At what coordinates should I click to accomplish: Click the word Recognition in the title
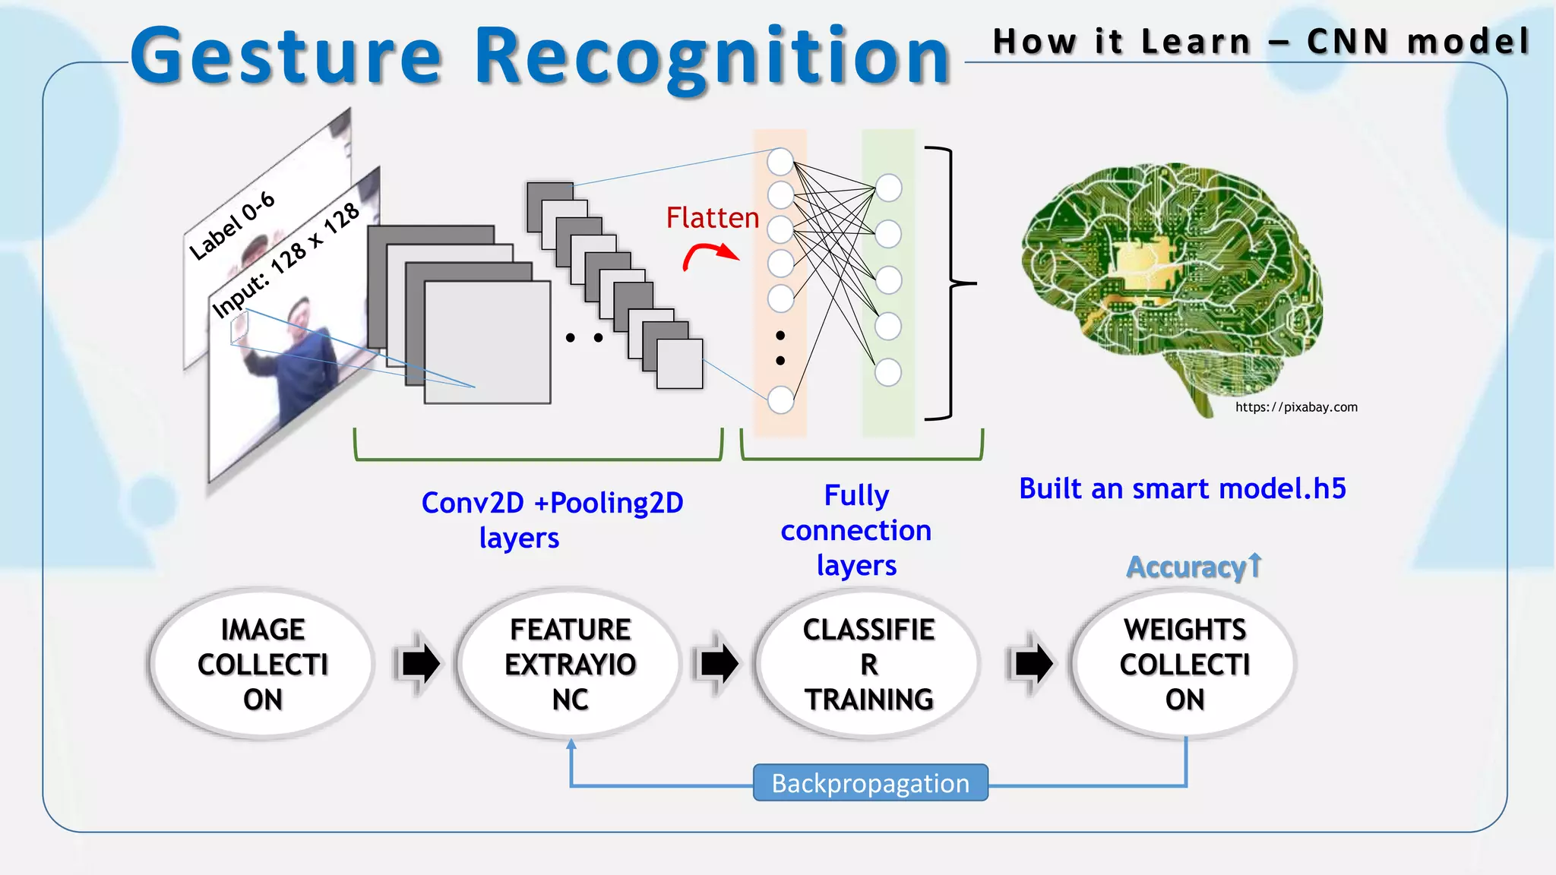tap(713, 57)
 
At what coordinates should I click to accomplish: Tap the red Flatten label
tap(712, 218)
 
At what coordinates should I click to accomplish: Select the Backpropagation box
tap(870, 783)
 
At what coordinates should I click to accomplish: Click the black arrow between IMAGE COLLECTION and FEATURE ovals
tap(420, 663)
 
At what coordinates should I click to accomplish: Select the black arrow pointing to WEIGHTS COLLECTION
tap(1033, 663)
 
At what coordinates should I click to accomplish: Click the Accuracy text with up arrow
tap(1193, 567)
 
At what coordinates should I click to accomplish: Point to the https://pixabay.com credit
tap(1295, 407)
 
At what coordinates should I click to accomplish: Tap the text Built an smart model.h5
tap(1182, 488)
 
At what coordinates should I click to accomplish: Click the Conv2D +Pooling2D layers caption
tap(552, 520)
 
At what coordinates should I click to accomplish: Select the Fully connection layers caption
tap(856, 530)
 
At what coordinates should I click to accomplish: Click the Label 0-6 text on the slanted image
tap(232, 226)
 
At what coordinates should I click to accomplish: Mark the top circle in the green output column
tap(888, 188)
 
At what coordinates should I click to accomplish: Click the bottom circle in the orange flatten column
tap(780, 400)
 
